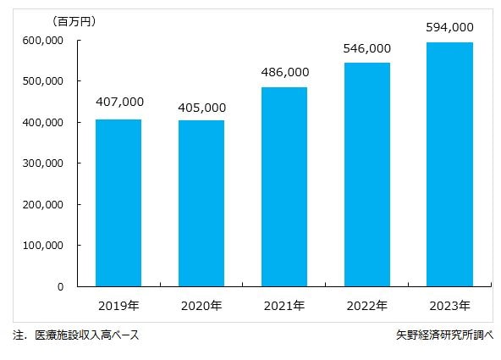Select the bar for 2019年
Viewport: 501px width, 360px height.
click(x=118, y=203)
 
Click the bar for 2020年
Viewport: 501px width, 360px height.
click(x=201, y=203)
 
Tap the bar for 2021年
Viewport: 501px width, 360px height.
click(x=284, y=187)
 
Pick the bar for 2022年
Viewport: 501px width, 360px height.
click(x=366, y=174)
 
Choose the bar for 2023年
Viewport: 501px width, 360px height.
click(x=449, y=164)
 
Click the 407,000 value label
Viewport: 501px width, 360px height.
click(x=119, y=102)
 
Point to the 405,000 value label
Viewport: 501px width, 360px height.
click(x=201, y=108)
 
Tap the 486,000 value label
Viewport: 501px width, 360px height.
click(x=284, y=72)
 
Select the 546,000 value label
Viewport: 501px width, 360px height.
click(x=366, y=48)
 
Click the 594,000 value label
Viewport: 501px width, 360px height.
click(x=449, y=27)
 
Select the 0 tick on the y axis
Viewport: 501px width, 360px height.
click(x=60, y=286)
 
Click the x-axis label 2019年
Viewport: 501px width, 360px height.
click(x=118, y=305)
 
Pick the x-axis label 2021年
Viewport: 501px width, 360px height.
click(x=284, y=305)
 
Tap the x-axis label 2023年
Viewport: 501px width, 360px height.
click(x=449, y=305)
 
